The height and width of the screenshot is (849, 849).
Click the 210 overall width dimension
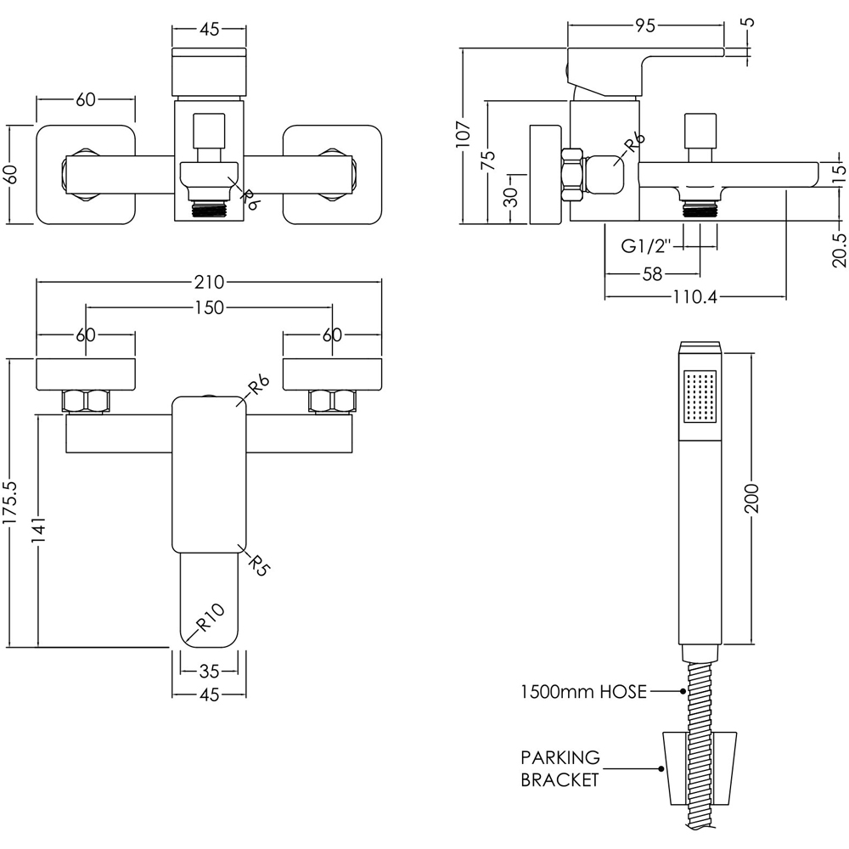pos(208,284)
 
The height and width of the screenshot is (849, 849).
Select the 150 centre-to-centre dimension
pos(208,307)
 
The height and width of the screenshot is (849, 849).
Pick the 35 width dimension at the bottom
pos(209,672)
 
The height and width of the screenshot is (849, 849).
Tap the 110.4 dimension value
pos(694,296)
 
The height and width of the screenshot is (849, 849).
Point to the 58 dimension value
pos(652,273)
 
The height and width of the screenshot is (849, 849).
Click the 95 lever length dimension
pos(645,26)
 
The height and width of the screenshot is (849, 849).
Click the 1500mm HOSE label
pos(584,692)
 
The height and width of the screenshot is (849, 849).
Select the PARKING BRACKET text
pos(560,768)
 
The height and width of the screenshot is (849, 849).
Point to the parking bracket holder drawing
pos(700,768)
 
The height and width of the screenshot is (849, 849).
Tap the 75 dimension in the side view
pos(488,161)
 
